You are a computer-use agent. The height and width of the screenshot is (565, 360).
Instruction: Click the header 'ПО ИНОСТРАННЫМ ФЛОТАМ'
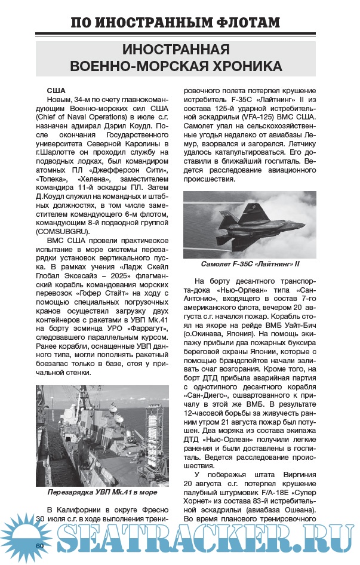[175, 23]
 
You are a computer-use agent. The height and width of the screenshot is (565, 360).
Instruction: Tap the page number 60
[40, 545]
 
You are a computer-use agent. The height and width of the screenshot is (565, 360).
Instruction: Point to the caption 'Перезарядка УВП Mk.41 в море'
[102, 493]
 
